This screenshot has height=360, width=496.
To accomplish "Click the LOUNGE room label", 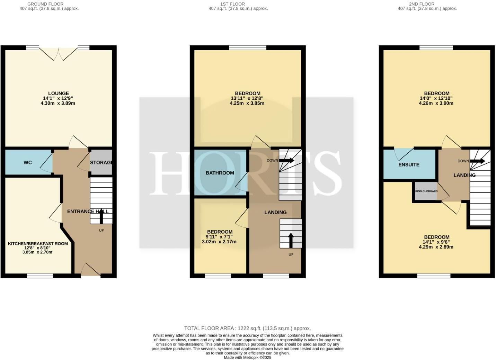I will tap(59, 93).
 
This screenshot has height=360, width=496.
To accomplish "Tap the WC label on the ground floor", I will tap(28, 162).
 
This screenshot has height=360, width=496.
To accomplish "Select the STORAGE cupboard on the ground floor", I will tap(101, 162).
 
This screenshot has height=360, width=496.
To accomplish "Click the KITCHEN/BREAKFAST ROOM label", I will tap(38, 243).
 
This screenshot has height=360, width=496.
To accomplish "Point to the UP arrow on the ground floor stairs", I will tap(101, 216).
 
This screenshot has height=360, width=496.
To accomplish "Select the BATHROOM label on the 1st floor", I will tap(220, 173).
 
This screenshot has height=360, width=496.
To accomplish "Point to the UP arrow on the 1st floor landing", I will tap(290, 240).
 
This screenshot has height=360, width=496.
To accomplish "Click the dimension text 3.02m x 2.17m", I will tap(219, 242).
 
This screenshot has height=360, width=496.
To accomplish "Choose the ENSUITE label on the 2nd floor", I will tap(409, 164).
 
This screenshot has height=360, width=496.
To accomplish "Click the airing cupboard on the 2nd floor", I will tap(426, 191).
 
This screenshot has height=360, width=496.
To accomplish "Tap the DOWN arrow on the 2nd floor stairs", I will tap(477, 161).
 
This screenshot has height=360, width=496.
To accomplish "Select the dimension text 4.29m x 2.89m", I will tap(436, 247).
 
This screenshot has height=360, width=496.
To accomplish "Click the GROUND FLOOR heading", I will tap(45, 4).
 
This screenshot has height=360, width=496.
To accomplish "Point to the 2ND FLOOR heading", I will tap(422, 4).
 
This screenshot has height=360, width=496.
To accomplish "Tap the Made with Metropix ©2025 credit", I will tap(247, 358).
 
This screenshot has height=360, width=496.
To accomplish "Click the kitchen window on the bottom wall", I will tap(40, 276).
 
